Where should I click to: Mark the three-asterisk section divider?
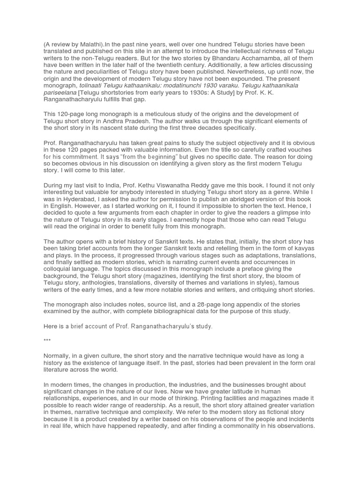(x=47, y=340)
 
